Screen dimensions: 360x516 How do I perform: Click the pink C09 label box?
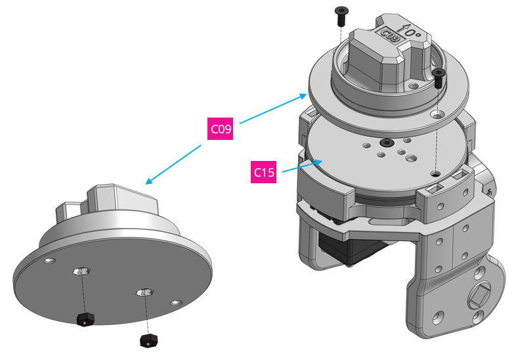pyautogui.click(x=221, y=129)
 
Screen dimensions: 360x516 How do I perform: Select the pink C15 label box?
pyautogui.click(x=265, y=173)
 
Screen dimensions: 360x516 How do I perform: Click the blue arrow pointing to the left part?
pyautogui.click(x=174, y=164)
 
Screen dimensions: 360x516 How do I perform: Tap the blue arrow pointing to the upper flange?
pyautogui.click(x=272, y=109)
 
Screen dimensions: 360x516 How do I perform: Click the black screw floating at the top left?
pyautogui.click(x=341, y=14)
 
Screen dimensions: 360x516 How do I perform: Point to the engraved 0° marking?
pyautogui.click(x=409, y=31)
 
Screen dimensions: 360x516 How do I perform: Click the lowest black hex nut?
pyautogui.click(x=149, y=340)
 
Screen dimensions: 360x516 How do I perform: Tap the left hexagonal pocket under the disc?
pyautogui.click(x=80, y=271)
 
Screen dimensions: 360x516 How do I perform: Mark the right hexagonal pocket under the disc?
pyautogui.click(x=143, y=292)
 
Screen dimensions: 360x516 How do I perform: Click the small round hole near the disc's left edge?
pyautogui.click(x=49, y=261)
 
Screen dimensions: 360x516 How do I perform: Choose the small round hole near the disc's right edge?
pyautogui.click(x=174, y=303)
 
